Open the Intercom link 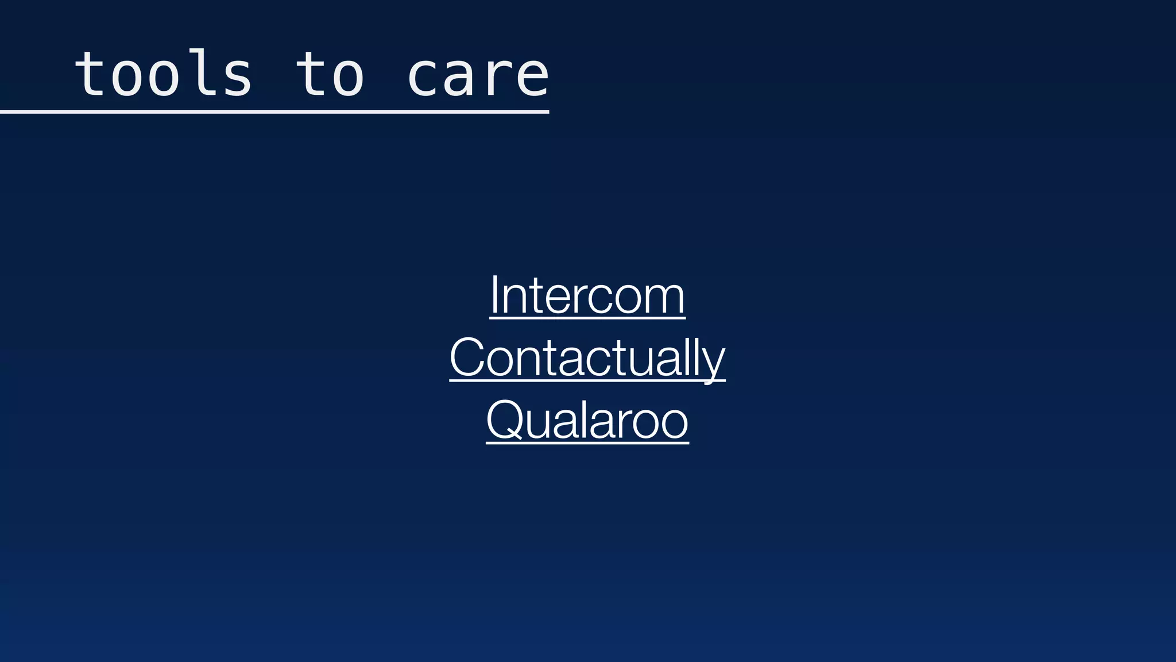587,295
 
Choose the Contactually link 587,357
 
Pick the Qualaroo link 587,420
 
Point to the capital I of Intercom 494,294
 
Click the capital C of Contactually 468,357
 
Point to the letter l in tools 199,72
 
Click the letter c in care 423,78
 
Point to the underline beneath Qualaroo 587,442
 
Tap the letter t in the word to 311,74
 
